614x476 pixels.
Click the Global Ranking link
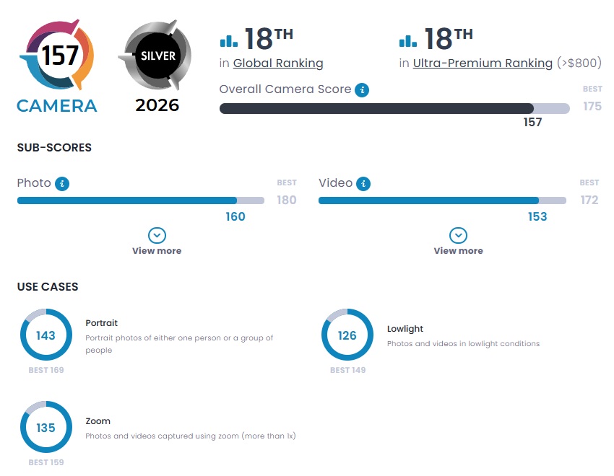click(278, 63)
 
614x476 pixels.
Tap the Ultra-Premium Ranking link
click(483, 63)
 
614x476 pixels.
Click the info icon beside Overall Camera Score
click(362, 90)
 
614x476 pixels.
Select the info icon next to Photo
click(62, 183)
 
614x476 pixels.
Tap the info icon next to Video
click(363, 183)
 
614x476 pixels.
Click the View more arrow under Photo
click(157, 236)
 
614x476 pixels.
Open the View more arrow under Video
click(458, 236)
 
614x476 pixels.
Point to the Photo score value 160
click(235, 216)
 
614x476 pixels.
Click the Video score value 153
click(537, 216)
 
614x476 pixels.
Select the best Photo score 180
click(287, 200)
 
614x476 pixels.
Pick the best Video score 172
click(589, 200)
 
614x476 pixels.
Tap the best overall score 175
click(592, 106)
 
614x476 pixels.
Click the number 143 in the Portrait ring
click(46, 335)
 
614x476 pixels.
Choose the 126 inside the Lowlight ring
click(347, 335)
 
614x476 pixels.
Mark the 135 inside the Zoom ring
click(46, 428)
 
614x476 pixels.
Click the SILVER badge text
click(158, 56)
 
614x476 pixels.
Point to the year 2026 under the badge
click(157, 105)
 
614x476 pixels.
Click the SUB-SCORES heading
click(54, 147)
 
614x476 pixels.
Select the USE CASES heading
click(48, 286)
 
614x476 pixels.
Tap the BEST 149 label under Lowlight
click(347, 370)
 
